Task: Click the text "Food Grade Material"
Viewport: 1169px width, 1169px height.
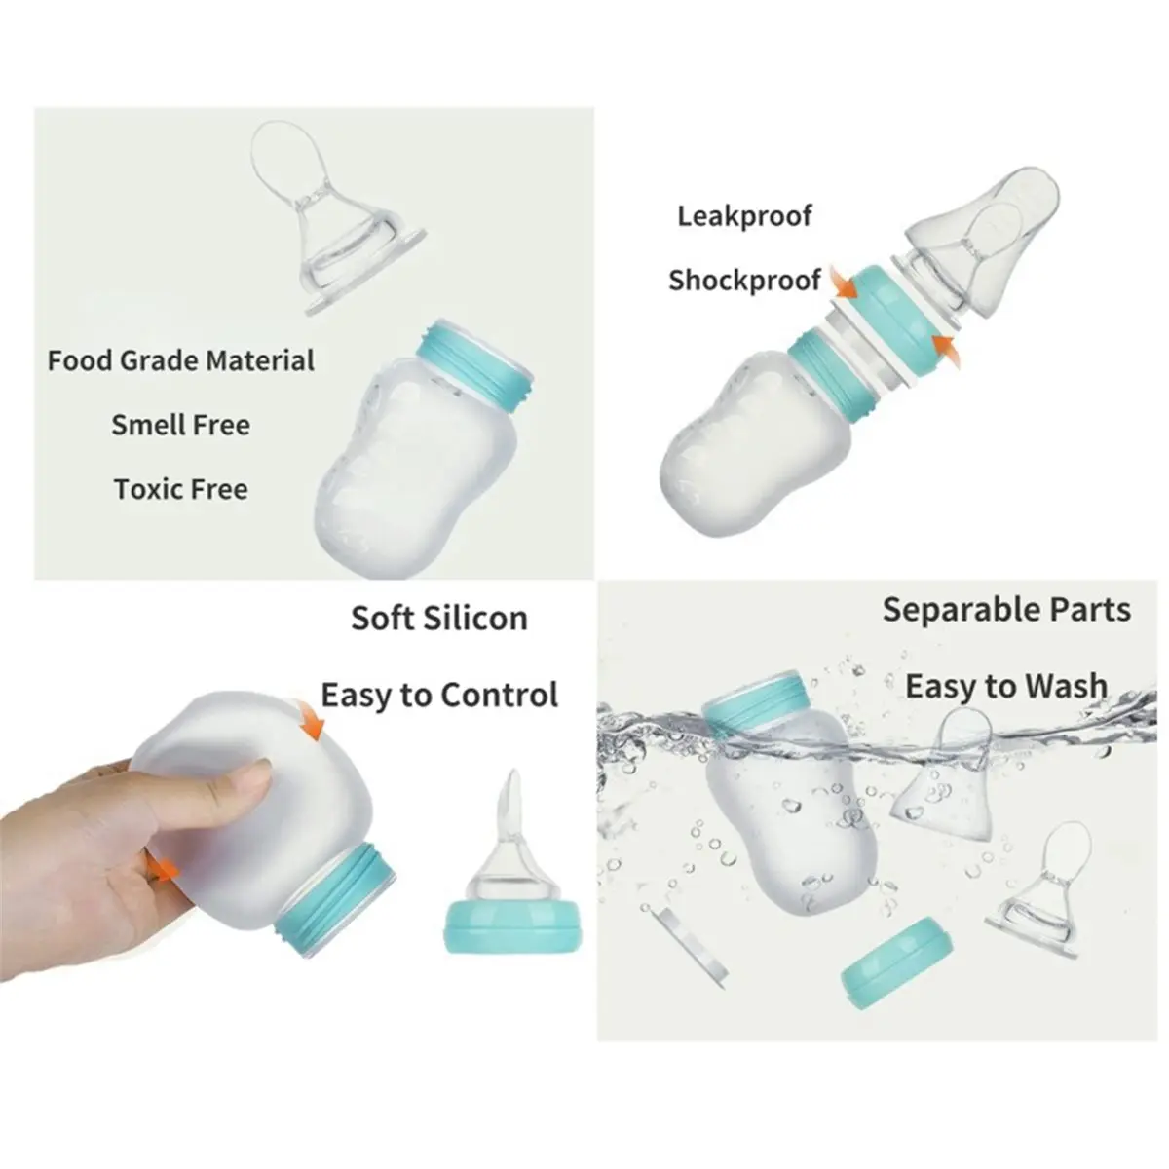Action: (x=181, y=361)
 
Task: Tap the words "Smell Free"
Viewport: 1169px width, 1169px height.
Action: (x=181, y=425)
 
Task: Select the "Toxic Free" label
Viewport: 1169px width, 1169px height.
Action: (x=181, y=489)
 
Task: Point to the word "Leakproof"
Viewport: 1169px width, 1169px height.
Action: (x=744, y=216)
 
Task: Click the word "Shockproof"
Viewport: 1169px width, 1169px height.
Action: (x=744, y=281)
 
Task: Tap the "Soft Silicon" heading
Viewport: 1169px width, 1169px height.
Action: (x=439, y=619)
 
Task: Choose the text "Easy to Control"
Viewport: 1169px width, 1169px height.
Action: (x=439, y=695)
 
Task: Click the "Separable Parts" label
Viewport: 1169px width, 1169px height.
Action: (x=1006, y=609)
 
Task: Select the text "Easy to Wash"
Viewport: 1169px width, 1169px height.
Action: (x=1006, y=686)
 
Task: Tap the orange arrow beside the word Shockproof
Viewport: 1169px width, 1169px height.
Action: (x=845, y=283)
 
